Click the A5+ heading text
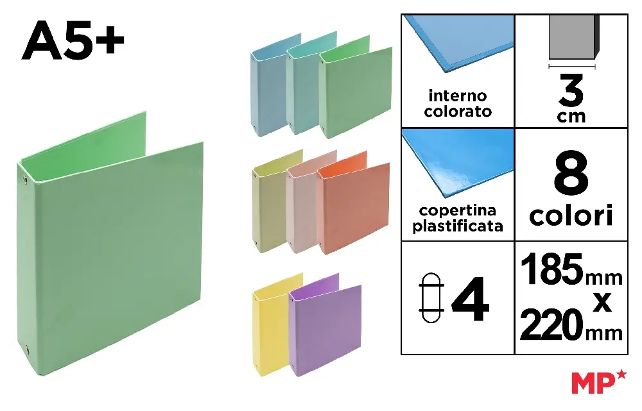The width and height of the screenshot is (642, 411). tap(73, 40)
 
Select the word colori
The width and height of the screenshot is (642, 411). tap(571, 215)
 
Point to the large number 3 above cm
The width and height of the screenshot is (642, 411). tap(571, 91)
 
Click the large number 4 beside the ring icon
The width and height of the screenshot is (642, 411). tap(470, 299)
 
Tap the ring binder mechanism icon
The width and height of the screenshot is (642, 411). tap(431, 298)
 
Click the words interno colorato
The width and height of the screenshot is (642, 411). tap(458, 103)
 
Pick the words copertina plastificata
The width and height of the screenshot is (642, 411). tap(458, 218)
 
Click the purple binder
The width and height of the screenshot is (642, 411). tap(325, 325)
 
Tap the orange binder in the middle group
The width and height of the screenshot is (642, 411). tap(353, 203)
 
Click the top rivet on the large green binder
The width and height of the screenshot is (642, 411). tap(25, 179)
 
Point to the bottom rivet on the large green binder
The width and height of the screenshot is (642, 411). tap(27, 350)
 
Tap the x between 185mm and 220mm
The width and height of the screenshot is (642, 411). tap(602, 302)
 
